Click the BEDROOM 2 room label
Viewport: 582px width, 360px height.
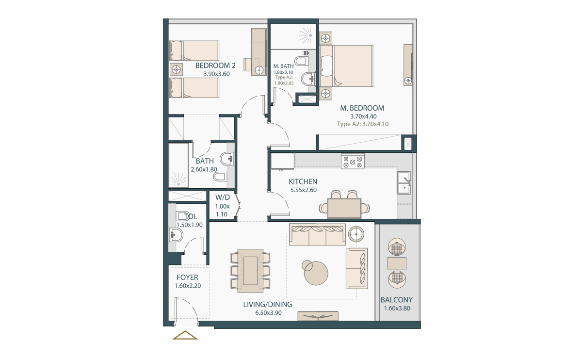coord(215,65)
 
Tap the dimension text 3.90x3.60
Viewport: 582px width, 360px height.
coord(216,74)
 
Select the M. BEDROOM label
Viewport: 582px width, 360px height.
coord(362,108)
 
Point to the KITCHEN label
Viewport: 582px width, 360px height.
coord(303,181)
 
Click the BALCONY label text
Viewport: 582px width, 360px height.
coord(396,300)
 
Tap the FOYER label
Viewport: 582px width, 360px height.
coord(187,278)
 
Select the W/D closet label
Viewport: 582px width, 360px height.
coord(222,197)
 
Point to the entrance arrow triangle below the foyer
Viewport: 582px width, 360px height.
coord(185,335)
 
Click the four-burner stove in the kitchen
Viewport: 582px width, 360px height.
coord(353,161)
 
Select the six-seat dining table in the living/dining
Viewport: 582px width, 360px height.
coord(250,271)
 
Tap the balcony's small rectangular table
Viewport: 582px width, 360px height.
coord(397,263)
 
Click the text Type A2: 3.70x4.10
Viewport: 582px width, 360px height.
coord(362,124)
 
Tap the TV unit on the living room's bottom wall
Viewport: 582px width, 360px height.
coord(318,316)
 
